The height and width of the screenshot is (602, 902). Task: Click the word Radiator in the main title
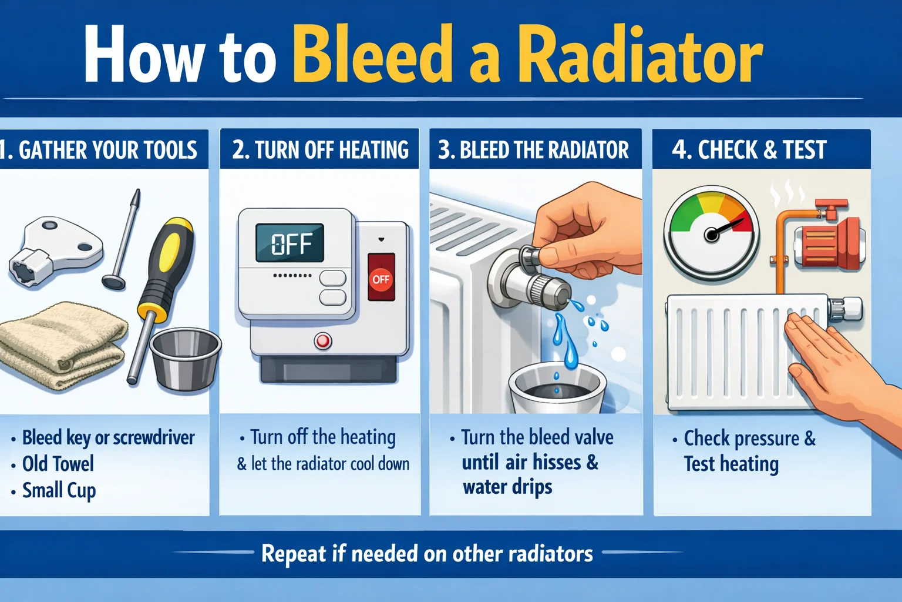tap(640, 55)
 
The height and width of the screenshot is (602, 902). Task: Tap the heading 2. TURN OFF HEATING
tap(320, 150)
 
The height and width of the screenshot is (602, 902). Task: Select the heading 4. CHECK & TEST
tap(749, 150)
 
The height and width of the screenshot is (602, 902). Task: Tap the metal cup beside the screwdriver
tap(184, 359)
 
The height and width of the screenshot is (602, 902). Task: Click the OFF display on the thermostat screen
tap(290, 243)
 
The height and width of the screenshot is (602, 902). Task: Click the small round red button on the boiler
tap(322, 340)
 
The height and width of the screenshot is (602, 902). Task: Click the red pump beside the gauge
tap(828, 241)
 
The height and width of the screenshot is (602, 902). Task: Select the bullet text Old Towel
tap(58, 464)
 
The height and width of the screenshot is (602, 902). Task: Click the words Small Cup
tap(59, 490)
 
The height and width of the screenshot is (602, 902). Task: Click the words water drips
tap(507, 487)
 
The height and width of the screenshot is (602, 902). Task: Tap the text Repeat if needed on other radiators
tap(427, 554)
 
